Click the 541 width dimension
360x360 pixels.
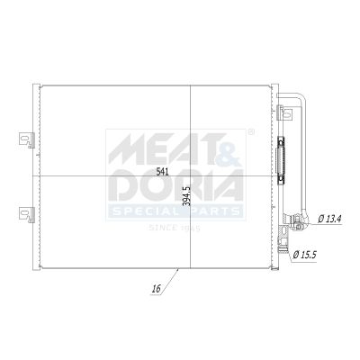click(x=163, y=172)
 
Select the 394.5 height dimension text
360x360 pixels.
click(x=186, y=196)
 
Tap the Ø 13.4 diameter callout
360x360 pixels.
click(x=329, y=219)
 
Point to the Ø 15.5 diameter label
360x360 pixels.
click(x=304, y=256)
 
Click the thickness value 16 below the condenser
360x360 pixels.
click(x=157, y=289)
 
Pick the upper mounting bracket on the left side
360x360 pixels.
click(x=26, y=139)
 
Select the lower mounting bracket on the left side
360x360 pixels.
click(x=26, y=214)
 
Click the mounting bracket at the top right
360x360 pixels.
click(x=284, y=112)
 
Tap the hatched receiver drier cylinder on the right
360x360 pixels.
click(x=281, y=160)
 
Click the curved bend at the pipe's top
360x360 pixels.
click(x=301, y=96)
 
